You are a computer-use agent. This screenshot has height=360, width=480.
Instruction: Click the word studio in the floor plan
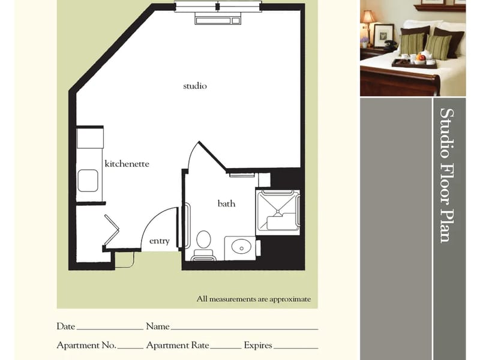pyautogui.click(x=194, y=86)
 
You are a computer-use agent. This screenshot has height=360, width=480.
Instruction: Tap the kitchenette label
pyautogui.click(x=127, y=163)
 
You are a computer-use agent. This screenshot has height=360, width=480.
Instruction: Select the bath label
pyautogui.click(x=226, y=203)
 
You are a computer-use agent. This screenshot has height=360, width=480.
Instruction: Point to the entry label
pyautogui.click(x=159, y=241)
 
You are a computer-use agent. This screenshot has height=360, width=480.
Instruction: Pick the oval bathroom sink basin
pyautogui.click(x=241, y=247)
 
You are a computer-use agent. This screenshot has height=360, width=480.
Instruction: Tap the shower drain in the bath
pyautogui.click(x=278, y=212)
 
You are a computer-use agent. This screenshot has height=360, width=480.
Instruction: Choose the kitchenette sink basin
pyautogui.click(x=88, y=181)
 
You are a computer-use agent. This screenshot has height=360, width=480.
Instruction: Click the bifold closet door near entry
pyautogui.click(x=112, y=230)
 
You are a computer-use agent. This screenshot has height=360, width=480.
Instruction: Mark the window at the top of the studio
pyautogui.click(x=218, y=7)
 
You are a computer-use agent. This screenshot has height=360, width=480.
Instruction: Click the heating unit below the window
pyautogui.click(x=218, y=19)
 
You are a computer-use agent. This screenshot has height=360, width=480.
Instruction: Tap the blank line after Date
pyautogui.click(x=110, y=329)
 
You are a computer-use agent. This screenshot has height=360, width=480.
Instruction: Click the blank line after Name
pyautogui.click(x=244, y=329)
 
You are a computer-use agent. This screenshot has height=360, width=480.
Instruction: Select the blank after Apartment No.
pyautogui.click(x=130, y=349)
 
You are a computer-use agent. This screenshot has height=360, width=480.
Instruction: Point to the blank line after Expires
pyautogui.click(x=296, y=349)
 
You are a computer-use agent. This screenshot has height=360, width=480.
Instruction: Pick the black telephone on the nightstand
pyautogui.click(x=390, y=44)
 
